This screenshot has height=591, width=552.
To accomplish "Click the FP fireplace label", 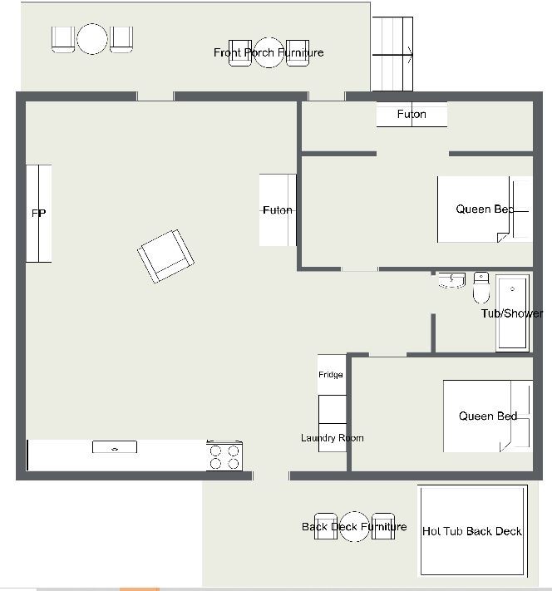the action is (38, 214).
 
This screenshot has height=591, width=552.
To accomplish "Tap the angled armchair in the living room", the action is (165, 255).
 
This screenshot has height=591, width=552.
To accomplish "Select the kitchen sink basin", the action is (115, 447).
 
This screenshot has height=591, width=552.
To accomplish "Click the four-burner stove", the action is (224, 456).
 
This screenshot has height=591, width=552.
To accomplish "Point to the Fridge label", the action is (331, 374).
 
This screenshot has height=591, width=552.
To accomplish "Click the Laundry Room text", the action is (333, 437).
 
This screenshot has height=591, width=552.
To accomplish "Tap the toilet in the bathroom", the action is (481, 288).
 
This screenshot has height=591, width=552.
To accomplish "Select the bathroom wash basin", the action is (451, 280).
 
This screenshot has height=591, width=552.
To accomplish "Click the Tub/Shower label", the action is (512, 313).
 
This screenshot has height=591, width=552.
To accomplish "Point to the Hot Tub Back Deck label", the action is (472, 531).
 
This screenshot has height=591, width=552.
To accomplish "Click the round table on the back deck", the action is (354, 526).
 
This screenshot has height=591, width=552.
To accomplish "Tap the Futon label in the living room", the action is (278, 210).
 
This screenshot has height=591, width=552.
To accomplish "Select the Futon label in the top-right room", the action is (412, 114).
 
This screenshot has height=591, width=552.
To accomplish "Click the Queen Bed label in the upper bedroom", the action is (485, 209).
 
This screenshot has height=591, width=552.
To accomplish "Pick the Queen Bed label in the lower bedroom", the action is (488, 416).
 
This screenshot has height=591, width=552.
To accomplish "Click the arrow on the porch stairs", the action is (392, 55).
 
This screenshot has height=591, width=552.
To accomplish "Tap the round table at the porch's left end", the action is (92, 39).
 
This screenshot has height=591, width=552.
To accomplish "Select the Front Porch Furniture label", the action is (269, 52).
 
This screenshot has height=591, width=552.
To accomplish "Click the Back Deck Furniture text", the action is (354, 526).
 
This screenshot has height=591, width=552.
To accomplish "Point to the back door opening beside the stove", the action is (271, 475).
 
